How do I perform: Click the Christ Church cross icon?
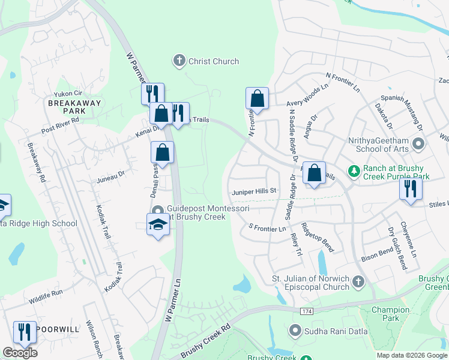(x=178, y=61)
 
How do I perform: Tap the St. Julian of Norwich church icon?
(x=358, y=281)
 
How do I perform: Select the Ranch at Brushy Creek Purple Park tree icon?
(x=354, y=173)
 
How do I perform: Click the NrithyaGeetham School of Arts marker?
(x=418, y=144)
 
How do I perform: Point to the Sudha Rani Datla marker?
(x=295, y=331)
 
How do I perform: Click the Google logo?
(x=20, y=353)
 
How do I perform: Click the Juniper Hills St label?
(x=253, y=191)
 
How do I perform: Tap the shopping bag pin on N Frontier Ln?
(x=257, y=98)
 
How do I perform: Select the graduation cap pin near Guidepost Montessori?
(x=157, y=224)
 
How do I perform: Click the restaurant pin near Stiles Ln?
(x=411, y=188)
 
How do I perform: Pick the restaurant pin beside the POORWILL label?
(x=25, y=332)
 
